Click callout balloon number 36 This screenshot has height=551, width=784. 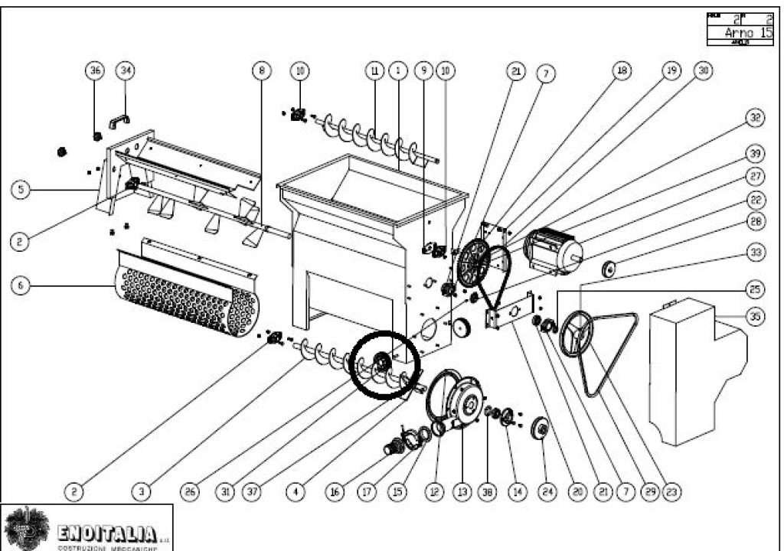pyautogui.click(x=96, y=70)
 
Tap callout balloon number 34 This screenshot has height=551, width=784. pyautogui.click(x=125, y=70)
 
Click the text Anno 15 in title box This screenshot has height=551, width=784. pyautogui.click(x=748, y=33)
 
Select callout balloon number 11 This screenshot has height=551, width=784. pyautogui.click(x=374, y=70)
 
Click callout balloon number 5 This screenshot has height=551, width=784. pyautogui.click(x=21, y=189)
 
